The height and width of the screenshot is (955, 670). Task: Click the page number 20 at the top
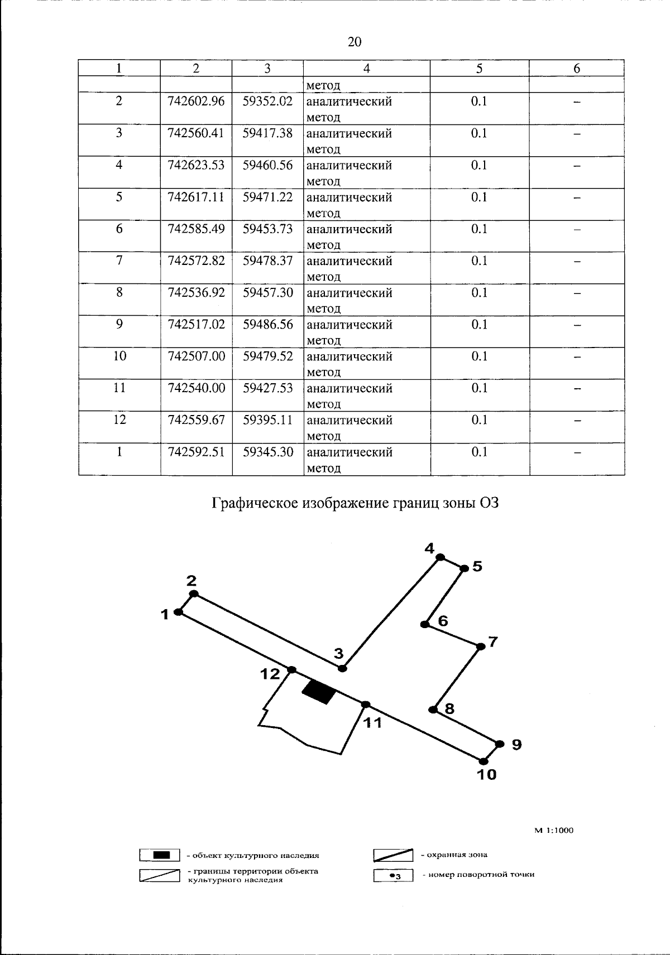point(355,42)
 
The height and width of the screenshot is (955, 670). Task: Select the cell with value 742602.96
point(196,102)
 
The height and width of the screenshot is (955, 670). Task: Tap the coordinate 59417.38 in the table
point(267,133)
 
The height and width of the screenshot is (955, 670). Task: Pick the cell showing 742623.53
point(196,165)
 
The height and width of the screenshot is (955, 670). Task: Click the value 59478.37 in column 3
point(267,261)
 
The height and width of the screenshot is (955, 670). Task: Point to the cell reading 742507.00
point(196,356)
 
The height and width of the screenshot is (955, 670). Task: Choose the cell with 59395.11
point(267,420)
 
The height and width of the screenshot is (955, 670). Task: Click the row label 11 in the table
point(119,388)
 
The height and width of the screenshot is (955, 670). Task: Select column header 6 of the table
point(577,69)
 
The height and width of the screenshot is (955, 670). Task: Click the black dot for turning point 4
point(440,557)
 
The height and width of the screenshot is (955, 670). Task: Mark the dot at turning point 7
point(481,647)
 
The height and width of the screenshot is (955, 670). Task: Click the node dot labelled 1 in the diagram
point(178,612)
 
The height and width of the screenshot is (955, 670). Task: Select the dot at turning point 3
point(343,668)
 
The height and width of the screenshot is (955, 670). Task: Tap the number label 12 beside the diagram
point(270,674)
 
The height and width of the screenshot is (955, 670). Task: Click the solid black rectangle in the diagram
point(319,692)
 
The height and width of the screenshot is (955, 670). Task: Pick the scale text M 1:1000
point(554,830)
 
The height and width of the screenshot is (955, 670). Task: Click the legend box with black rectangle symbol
point(160,855)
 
